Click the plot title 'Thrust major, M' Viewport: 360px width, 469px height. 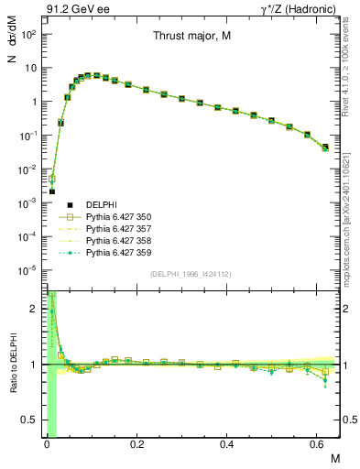pos(191,38)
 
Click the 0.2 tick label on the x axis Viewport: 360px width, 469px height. pos(136,442)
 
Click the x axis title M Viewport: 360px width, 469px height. pos(334,456)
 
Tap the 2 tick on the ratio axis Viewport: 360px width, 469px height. pos(35,309)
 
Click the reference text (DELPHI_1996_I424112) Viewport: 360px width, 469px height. pos(191,275)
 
